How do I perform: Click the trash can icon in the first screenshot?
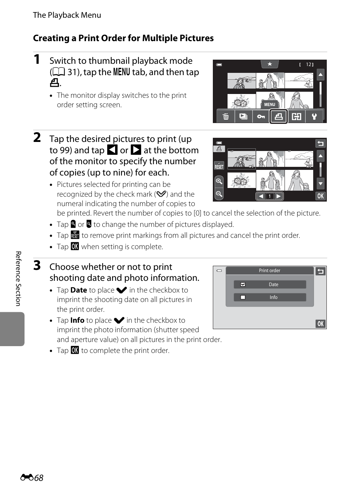[226, 116]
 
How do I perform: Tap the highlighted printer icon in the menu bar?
[278, 116]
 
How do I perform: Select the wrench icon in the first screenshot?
[314, 116]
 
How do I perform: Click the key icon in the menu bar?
[261, 116]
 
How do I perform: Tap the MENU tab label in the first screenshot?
[269, 105]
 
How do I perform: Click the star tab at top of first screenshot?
[270, 64]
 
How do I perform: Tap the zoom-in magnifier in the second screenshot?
[219, 181]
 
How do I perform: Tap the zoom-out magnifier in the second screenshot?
[219, 194]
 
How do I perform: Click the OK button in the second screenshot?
[320, 196]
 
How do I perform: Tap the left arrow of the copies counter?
[261, 196]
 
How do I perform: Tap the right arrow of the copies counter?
[278, 196]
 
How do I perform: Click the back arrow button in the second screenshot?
[320, 143]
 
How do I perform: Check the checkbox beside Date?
[243, 285]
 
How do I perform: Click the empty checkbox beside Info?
[243, 297]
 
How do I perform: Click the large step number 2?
[37, 137]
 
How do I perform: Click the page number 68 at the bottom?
[38, 478]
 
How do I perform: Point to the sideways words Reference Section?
[18, 279]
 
